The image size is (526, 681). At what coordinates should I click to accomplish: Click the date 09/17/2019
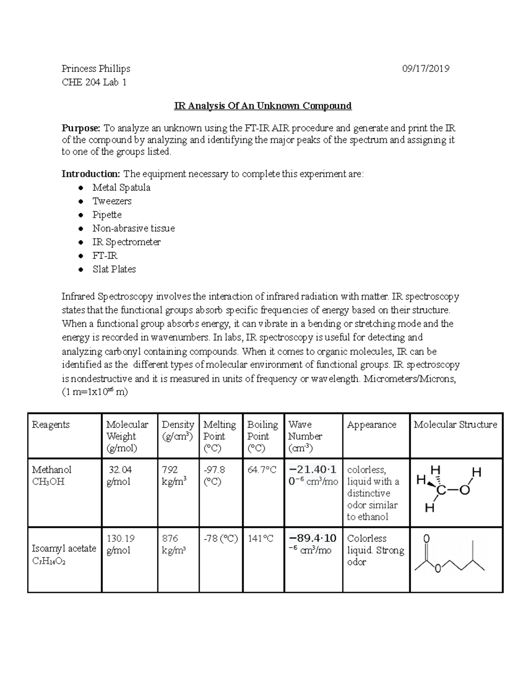pos(426,68)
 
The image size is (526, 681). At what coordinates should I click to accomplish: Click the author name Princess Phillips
pos(96,68)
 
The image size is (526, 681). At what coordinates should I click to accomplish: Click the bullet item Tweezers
pos(112,201)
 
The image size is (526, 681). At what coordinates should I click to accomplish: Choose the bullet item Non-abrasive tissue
pos(133,228)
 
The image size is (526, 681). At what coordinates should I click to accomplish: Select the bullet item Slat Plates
pos(114,269)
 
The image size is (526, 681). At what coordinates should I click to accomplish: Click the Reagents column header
pos(51,424)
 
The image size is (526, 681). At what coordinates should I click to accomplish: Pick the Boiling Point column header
pos(262,436)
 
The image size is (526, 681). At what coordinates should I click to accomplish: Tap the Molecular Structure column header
pos(455,424)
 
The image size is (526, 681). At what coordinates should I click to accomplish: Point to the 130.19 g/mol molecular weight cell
pos(121,544)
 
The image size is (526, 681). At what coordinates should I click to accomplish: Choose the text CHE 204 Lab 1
pos(94,82)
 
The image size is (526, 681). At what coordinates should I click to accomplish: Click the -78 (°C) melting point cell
pos(220,538)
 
